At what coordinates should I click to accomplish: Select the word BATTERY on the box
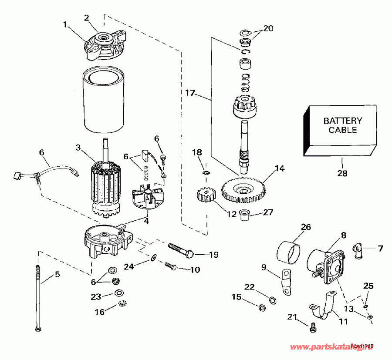[342, 121]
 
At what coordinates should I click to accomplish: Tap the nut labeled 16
[122, 303]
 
